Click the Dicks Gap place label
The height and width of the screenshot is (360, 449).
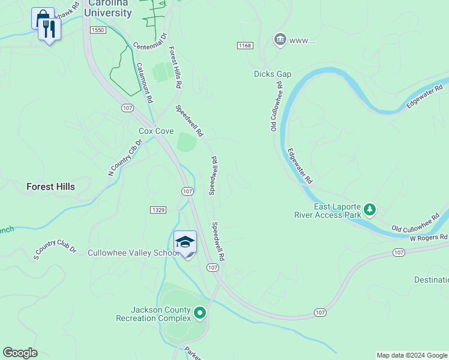click(272, 74)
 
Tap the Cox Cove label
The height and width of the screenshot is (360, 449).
click(156, 131)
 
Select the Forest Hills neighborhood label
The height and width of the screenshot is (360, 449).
click(51, 187)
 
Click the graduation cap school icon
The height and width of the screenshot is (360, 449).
click(185, 242)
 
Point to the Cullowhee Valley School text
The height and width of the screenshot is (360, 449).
click(133, 253)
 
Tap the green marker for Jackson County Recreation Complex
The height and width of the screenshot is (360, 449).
click(200, 313)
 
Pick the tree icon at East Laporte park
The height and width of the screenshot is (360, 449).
click(370, 209)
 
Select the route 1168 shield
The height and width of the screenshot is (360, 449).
click(244, 46)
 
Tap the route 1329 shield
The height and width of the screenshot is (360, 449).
click(158, 209)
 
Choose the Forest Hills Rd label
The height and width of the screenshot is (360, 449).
click(175, 68)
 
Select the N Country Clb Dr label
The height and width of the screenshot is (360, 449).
click(125, 157)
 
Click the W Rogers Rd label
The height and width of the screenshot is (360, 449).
click(429, 238)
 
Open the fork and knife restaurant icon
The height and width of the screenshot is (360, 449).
click(49, 28)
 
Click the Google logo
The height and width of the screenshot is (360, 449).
click(20, 353)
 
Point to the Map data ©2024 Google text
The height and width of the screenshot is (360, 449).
click(412, 355)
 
